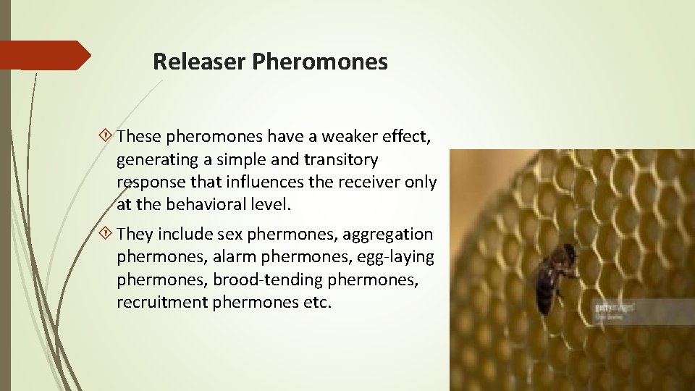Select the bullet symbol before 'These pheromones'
(107, 135)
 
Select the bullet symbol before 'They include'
(107, 234)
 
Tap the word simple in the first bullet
(236, 159)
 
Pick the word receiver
(380, 181)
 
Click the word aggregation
(387, 234)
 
